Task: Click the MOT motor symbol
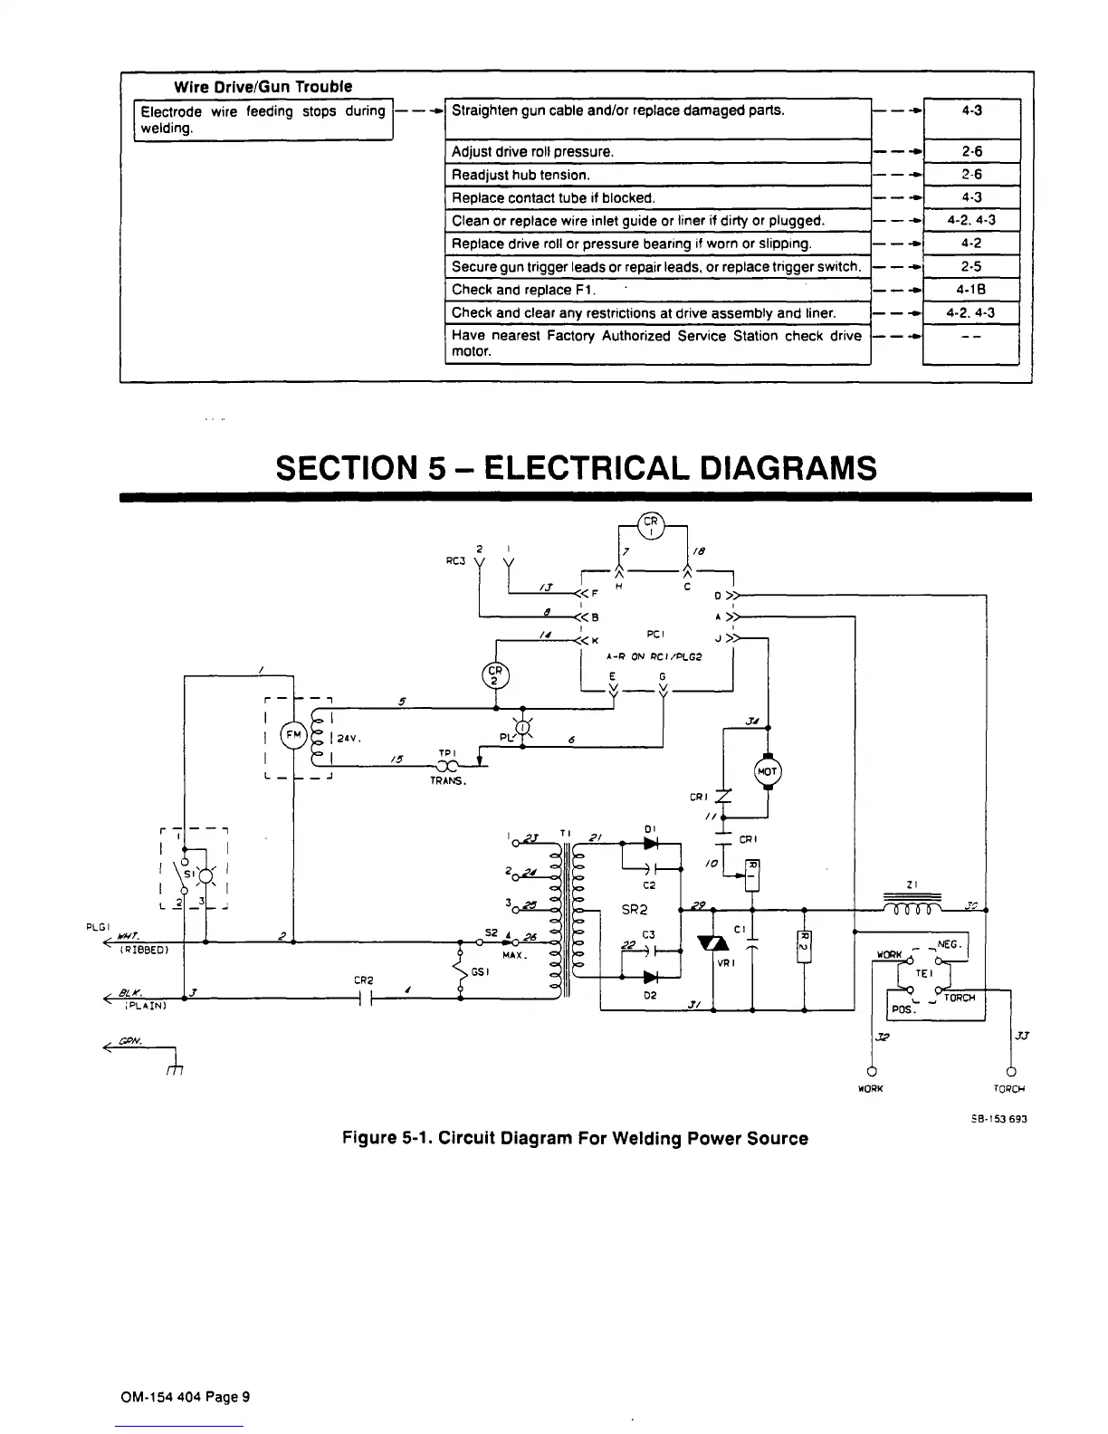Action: (x=767, y=771)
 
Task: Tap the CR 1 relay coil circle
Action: (x=651, y=526)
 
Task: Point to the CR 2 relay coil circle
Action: (x=495, y=674)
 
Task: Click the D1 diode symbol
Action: (x=649, y=843)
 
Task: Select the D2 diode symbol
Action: (x=649, y=977)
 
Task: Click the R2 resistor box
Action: (x=804, y=946)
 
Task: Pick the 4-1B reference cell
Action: (x=970, y=290)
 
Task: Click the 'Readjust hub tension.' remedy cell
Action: (x=657, y=175)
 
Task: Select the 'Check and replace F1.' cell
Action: (x=657, y=290)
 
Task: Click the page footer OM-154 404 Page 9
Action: (x=185, y=1396)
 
